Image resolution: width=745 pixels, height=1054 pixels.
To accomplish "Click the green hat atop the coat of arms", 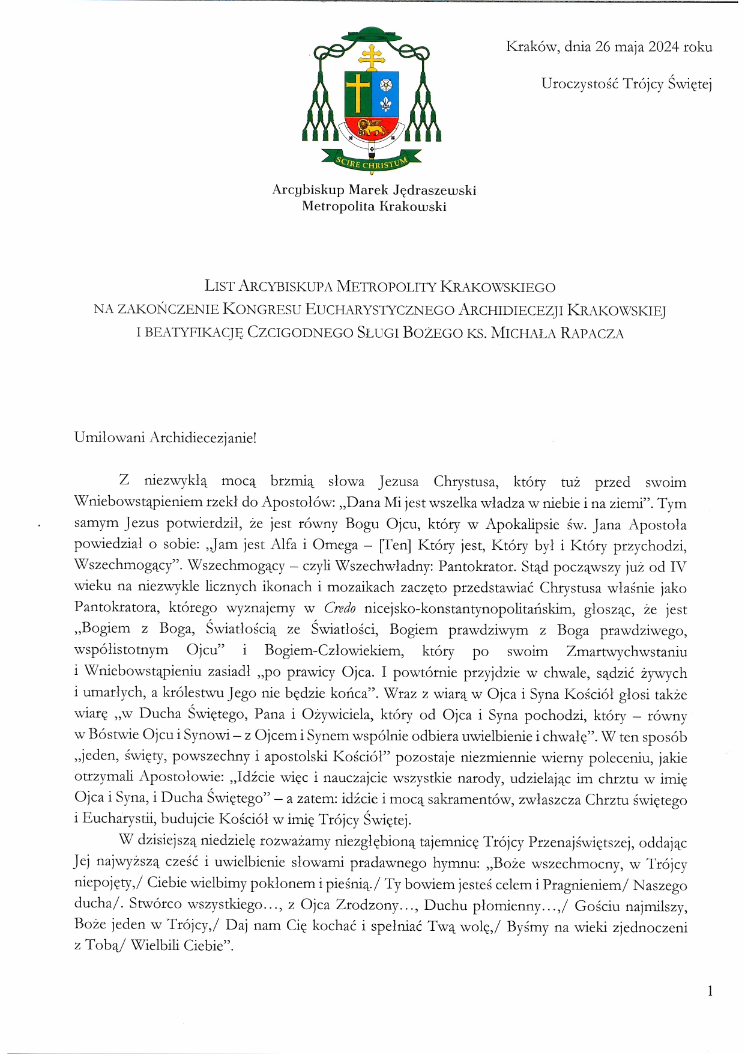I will click(x=372, y=34).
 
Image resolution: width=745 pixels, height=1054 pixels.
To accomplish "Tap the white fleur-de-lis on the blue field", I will click(x=385, y=104).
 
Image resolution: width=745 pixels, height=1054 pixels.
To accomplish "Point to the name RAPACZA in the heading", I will click(x=592, y=333).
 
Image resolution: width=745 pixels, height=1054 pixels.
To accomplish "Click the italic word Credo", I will click(x=340, y=608).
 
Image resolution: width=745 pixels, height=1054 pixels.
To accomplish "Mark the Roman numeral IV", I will click(x=678, y=567).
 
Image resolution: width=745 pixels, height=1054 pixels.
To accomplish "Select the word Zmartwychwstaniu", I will click(x=627, y=651).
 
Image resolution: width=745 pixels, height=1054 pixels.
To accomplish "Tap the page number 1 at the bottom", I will click(x=710, y=992).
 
